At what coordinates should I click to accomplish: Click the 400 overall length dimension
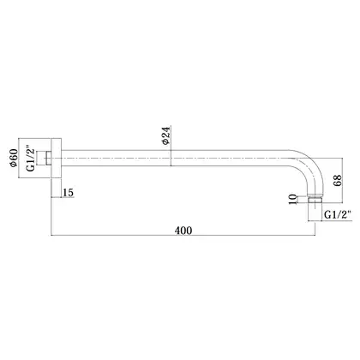click(x=183, y=231)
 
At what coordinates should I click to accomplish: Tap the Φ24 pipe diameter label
click(x=165, y=135)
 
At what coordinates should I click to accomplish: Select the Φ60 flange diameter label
click(x=14, y=158)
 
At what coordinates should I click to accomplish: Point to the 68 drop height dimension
click(x=338, y=180)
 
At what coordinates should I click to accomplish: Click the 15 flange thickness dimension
click(x=68, y=193)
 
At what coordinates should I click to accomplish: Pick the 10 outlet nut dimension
click(x=292, y=199)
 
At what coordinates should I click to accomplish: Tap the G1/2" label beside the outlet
click(x=338, y=214)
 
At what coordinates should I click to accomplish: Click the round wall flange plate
click(x=57, y=159)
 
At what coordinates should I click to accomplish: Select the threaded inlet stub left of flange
click(x=48, y=159)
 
